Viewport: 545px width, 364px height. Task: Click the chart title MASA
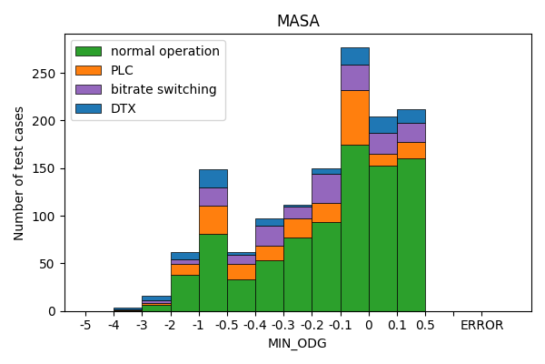(298, 21)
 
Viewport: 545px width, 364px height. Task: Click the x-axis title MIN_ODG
(298, 343)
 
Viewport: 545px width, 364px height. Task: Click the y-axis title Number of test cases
(19, 173)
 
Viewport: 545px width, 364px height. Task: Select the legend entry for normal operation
(164, 52)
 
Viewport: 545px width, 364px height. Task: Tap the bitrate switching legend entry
(163, 89)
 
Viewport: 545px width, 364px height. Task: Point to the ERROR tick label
(481, 325)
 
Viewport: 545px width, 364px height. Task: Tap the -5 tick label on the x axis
(85, 325)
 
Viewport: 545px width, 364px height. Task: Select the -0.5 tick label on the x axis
(227, 325)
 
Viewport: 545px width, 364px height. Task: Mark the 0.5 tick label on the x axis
(425, 325)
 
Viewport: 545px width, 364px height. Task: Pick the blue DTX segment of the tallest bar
(354, 56)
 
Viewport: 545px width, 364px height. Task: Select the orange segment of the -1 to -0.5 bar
(213, 220)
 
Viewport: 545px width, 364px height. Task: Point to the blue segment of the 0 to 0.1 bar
(382, 125)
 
